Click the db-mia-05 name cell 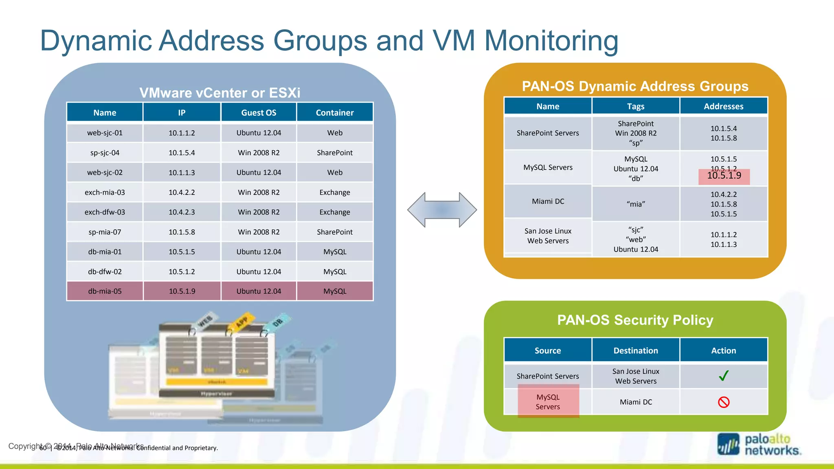pyautogui.click(x=105, y=291)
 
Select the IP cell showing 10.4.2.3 pyautogui.click(x=182, y=212)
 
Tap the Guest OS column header pyautogui.click(x=259, y=113)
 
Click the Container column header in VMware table pyautogui.click(x=335, y=113)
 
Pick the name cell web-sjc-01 pyautogui.click(x=105, y=133)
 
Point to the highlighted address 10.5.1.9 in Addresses pyautogui.click(x=724, y=176)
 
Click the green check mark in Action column pyautogui.click(x=724, y=376)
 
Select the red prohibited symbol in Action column pyautogui.click(x=724, y=402)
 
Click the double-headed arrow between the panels pyautogui.click(x=442, y=210)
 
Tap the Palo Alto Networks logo pyautogui.click(x=759, y=445)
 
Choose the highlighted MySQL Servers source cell pyautogui.click(x=548, y=401)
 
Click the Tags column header pyautogui.click(x=636, y=106)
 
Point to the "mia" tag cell pyautogui.click(x=636, y=204)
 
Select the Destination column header pyautogui.click(x=636, y=351)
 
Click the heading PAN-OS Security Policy pyautogui.click(x=635, y=320)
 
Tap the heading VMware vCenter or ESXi pyautogui.click(x=220, y=93)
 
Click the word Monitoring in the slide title pyautogui.click(x=551, y=41)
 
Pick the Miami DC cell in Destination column pyautogui.click(x=636, y=402)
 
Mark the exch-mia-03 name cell pyautogui.click(x=105, y=193)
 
